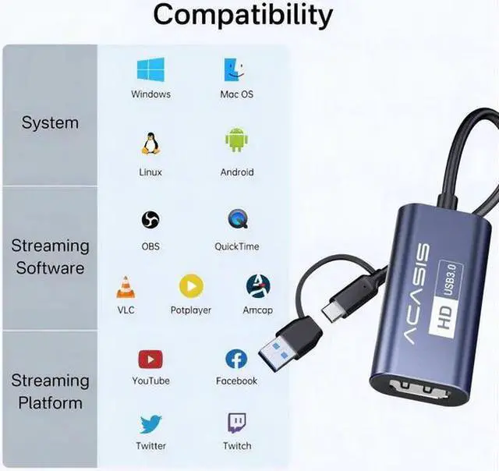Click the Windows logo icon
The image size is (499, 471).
(x=150, y=70)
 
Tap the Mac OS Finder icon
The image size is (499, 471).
(x=236, y=70)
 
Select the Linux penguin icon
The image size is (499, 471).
(x=150, y=143)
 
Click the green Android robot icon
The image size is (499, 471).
(x=236, y=142)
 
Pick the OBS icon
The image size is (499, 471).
(x=150, y=220)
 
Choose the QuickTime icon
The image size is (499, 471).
(x=237, y=220)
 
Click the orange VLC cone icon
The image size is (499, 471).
(x=126, y=287)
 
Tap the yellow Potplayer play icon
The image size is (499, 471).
(x=191, y=286)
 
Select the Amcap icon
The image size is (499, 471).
(x=257, y=286)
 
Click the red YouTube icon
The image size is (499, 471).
(x=150, y=359)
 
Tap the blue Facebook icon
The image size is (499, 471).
(x=236, y=359)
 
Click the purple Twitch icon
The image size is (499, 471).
(x=237, y=424)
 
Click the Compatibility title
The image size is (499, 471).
(x=242, y=14)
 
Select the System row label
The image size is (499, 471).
(x=50, y=123)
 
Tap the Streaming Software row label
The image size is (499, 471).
(x=50, y=257)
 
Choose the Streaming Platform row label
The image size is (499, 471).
(x=50, y=391)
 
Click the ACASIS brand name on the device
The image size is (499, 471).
(x=416, y=297)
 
